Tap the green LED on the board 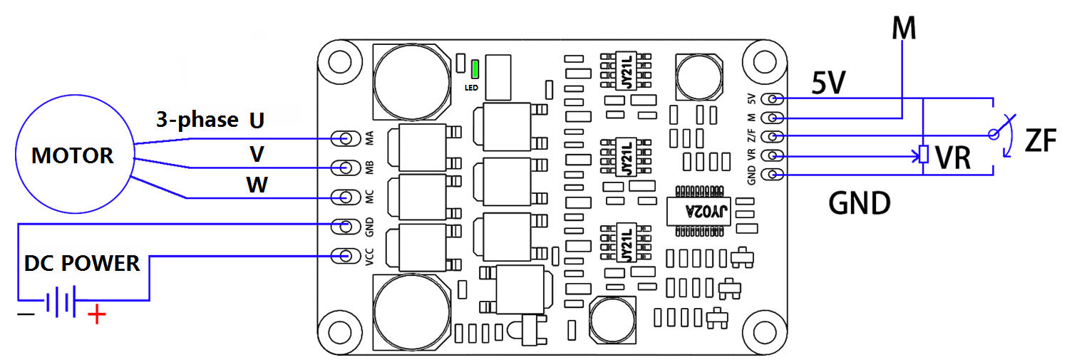(x=475, y=69)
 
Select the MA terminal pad (x=347, y=138)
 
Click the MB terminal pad (x=347, y=168)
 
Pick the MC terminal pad (x=347, y=197)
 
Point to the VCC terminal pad (x=347, y=255)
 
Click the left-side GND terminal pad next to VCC (x=347, y=226)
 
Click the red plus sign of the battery (x=96, y=314)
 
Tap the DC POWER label (x=82, y=263)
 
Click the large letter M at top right (x=903, y=29)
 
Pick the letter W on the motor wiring (x=257, y=185)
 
